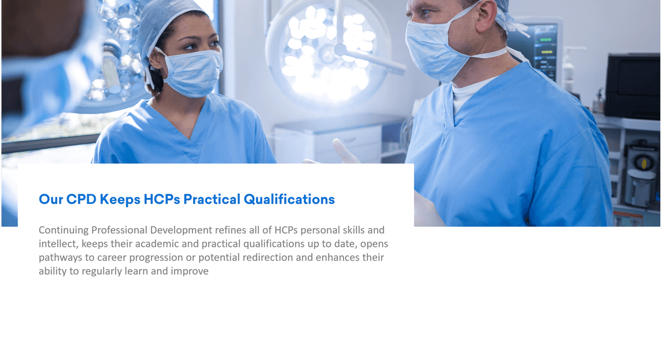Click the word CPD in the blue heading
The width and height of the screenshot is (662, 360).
pyautogui.click(x=81, y=199)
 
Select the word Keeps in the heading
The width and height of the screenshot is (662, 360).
pyautogui.click(x=120, y=199)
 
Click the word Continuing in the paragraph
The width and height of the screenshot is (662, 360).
pyautogui.click(x=64, y=230)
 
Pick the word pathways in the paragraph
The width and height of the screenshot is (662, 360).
pyautogui.click(x=60, y=258)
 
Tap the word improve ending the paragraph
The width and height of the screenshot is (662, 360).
pyautogui.click(x=190, y=272)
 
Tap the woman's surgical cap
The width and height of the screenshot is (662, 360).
pyautogui.click(x=162, y=24)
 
